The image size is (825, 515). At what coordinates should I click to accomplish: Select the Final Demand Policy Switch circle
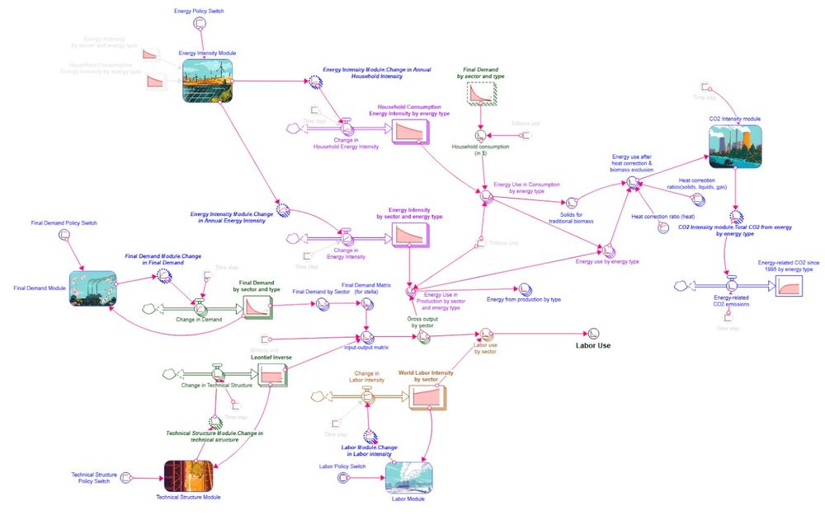pos(64,236)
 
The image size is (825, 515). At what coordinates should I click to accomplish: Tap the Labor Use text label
pos(593,345)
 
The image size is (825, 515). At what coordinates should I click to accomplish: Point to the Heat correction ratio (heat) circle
pos(663,227)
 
